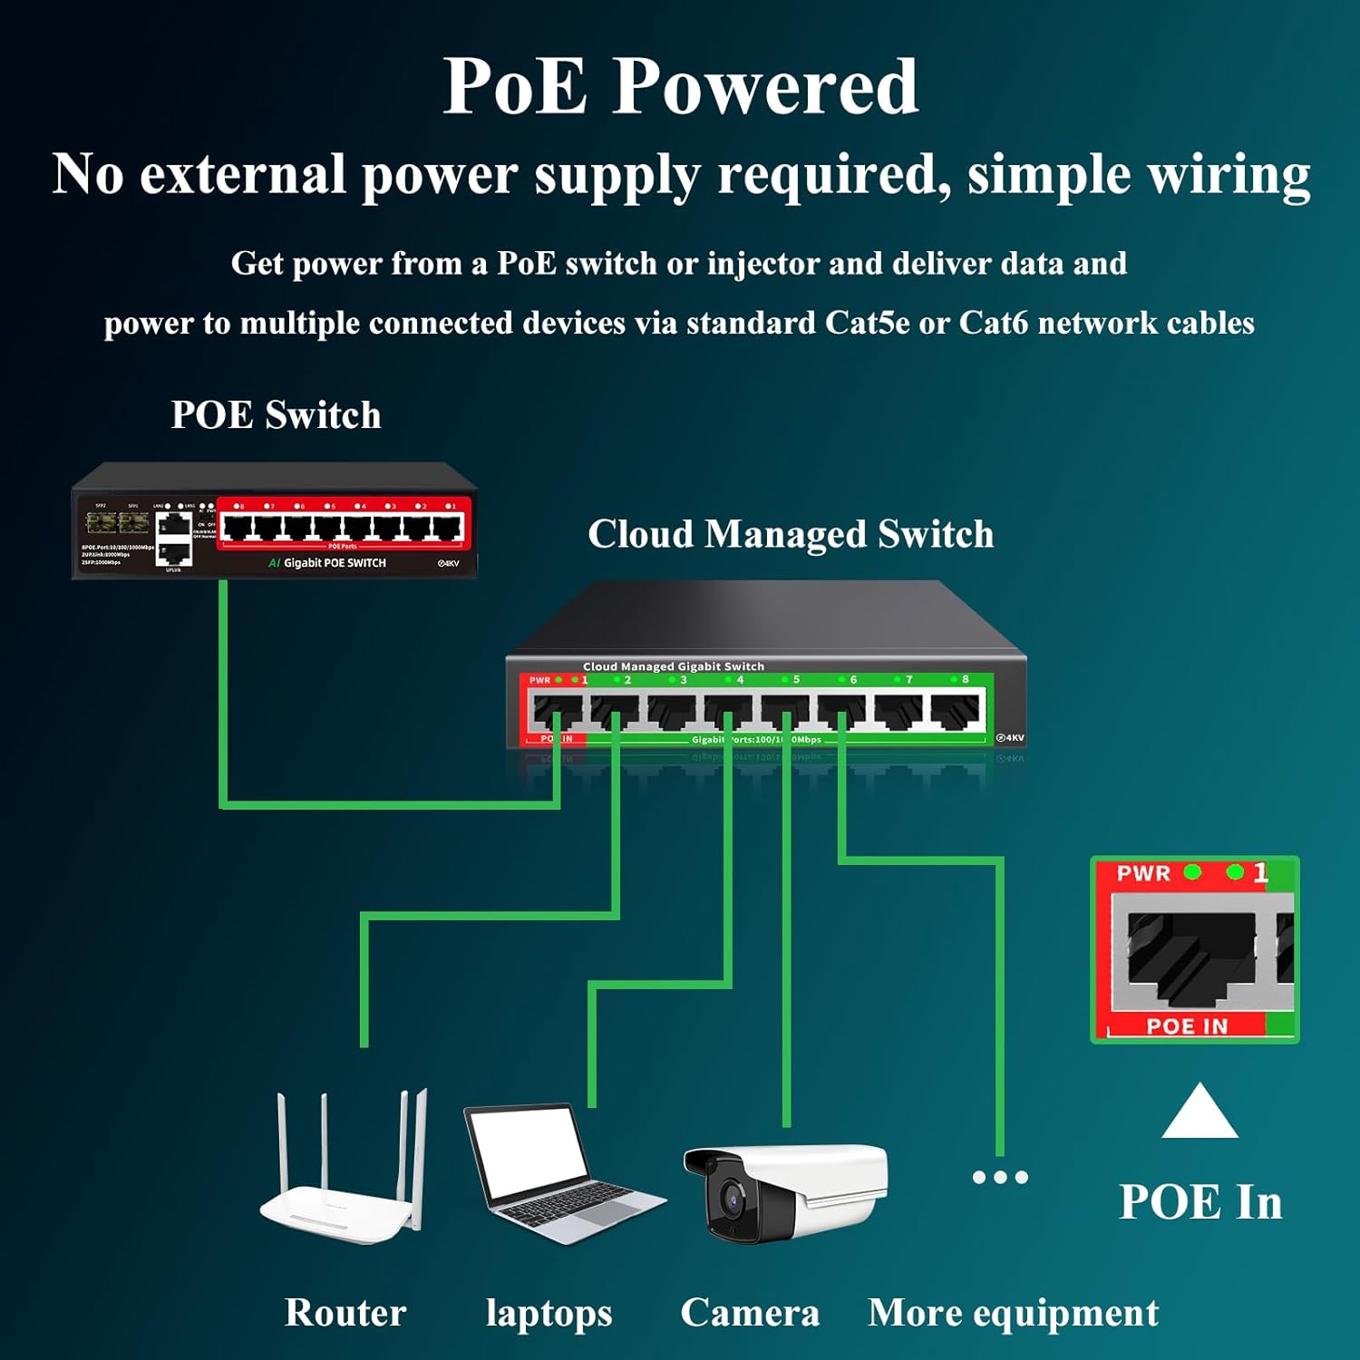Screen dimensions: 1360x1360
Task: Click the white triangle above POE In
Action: (x=1200, y=1113)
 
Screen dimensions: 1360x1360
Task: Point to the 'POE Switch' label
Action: (x=276, y=414)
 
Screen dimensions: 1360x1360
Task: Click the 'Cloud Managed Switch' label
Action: (x=791, y=534)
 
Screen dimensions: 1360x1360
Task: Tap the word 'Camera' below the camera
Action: (x=750, y=1312)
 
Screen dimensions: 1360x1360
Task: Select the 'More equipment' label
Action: (x=1013, y=1312)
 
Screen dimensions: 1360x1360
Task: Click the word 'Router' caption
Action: (x=345, y=1312)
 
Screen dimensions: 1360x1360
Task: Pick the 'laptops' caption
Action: (x=549, y=1313)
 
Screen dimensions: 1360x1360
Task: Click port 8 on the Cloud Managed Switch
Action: (x=956, y=710)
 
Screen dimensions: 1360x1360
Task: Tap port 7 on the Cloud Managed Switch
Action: (x=899, y=710)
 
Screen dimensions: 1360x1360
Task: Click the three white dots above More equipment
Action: (x=1000, y=1177)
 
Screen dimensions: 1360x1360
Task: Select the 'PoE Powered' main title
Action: (x=680, y=86)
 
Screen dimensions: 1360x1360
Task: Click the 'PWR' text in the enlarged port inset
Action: (x=1143, y=873)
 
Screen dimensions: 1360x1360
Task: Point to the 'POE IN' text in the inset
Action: (x=1187, y=1026)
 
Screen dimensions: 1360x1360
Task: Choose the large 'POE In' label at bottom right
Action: (x=1200, y=1202)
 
